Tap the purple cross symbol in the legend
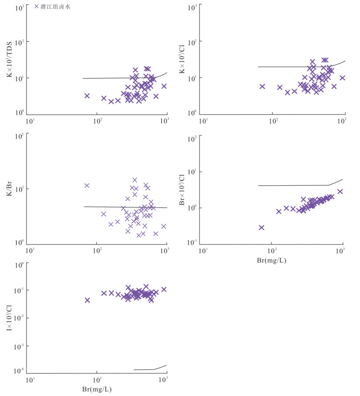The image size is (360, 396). coord(37,7)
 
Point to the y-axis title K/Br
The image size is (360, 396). coord(10,188)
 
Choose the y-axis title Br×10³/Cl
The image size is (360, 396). coord(183,189)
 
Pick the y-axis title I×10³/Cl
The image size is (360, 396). coord(10,319)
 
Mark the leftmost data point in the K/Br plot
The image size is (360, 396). coord(87,185)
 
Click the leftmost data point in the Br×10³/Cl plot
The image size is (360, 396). coord(261,228)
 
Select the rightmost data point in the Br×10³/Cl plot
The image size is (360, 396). coord(340,191)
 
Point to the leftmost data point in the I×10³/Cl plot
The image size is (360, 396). coord(87,300)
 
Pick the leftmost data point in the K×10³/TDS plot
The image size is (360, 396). coord(87,96)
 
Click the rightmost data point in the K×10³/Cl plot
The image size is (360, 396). coord(342,78)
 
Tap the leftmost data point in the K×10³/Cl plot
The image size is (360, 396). coord(262,86)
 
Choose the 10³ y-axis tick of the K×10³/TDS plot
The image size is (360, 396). coord(19,8)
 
